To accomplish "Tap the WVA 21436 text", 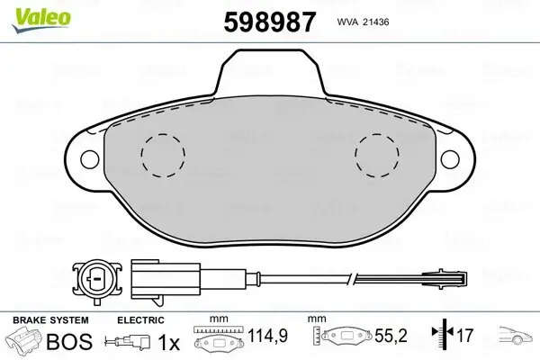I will (362, 21).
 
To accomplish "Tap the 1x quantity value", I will (167, 341).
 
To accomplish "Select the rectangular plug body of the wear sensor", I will (151, 277).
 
